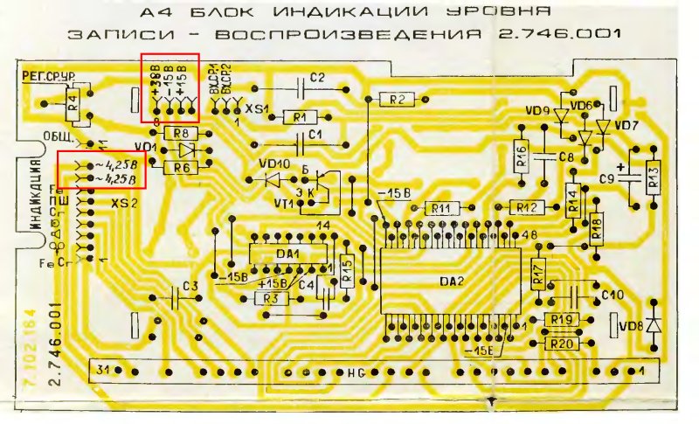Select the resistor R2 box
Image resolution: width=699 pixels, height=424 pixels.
pos(397,100)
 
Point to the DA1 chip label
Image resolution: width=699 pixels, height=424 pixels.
pos(288,254)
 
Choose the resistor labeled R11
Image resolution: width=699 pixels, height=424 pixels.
pos(441,208)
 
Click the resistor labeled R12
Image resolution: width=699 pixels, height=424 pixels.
pos(526,207)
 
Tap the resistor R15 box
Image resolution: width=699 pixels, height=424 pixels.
pos(346,272)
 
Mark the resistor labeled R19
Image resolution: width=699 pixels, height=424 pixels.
pos(562,321)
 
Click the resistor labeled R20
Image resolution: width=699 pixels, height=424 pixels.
pos(562,344)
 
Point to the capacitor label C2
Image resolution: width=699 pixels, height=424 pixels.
pos(317,78)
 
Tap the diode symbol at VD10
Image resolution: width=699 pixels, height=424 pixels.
pos(273,179)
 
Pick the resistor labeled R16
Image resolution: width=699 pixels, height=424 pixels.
pos(522,156)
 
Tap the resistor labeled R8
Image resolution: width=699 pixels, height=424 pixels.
pos(182,133)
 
